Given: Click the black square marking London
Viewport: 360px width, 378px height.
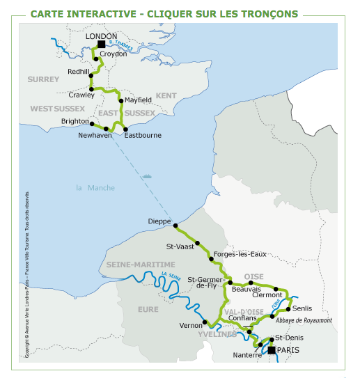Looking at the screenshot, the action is pos(101,45).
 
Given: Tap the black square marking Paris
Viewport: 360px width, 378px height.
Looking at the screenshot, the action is pos(272,350).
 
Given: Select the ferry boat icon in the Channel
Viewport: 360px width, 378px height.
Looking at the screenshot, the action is pos(147,176).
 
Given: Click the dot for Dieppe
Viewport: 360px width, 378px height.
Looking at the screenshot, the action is pos(175,226).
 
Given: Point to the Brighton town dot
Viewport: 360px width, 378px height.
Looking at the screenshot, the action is pos(92,124).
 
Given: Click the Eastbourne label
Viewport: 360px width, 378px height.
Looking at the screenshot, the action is pos(143,135).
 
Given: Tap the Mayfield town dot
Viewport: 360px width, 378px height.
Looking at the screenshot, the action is pos(121,101).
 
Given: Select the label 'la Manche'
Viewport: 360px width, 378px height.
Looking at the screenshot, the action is pos(95,188).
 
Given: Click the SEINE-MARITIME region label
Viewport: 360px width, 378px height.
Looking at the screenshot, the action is pos(141,265).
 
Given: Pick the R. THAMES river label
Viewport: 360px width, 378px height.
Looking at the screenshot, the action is pos(121,45).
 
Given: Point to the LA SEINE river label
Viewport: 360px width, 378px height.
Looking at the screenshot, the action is pos(171,276).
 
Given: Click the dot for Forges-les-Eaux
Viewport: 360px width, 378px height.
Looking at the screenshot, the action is pos(211,259).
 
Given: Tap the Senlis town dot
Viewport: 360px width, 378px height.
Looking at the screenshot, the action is pos(288,309).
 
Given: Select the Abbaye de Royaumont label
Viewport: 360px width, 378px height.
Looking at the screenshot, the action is pos(304,320).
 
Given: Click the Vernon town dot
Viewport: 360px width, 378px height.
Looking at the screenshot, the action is pos(205,322).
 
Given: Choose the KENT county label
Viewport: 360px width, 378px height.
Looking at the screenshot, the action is pos(166,95).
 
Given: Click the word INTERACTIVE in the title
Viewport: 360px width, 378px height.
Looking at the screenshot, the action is pos(101,14).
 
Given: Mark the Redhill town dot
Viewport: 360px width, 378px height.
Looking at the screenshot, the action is pos(91,76).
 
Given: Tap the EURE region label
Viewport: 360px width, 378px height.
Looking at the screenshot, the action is pos(148,309).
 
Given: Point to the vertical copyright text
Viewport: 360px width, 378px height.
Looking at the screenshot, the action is pos(27,274).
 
